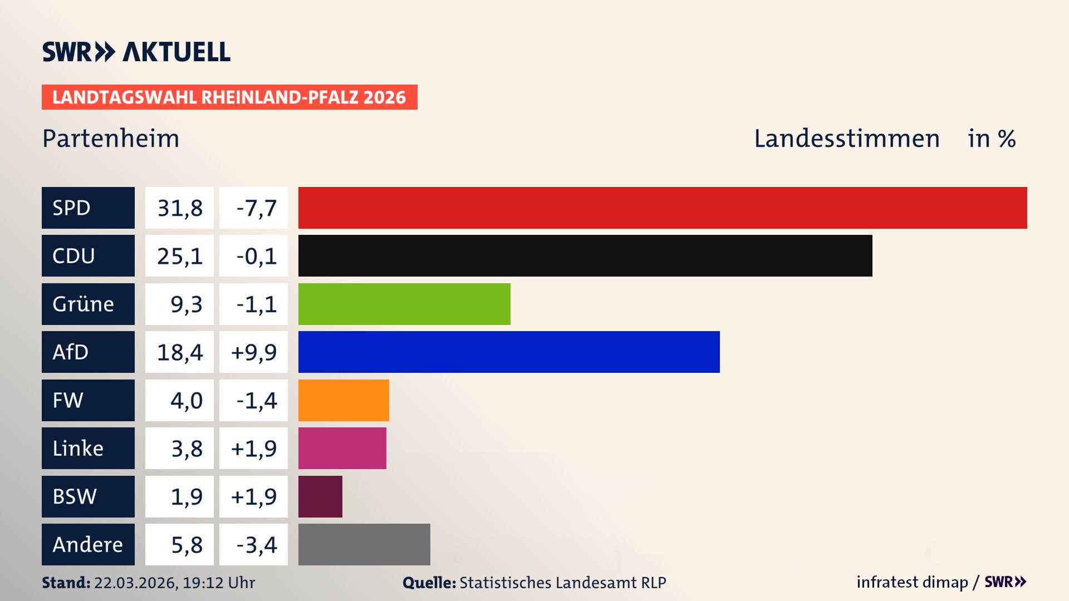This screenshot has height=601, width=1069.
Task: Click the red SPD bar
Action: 663,208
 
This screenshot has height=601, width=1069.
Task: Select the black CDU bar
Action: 585,255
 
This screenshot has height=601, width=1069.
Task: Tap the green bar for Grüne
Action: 404,304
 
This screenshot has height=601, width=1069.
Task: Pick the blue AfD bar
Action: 509,352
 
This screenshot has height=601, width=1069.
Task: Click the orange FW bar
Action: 344,400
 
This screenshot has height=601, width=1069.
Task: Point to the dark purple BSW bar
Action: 320,496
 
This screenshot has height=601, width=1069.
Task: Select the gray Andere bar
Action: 364,544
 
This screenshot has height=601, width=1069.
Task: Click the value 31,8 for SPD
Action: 179,208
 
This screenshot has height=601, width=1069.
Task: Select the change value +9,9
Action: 253,352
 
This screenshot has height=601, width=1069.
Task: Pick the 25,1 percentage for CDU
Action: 179,256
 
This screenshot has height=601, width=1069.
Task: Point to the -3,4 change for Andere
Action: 256,545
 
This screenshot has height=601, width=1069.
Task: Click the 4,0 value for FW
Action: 186,401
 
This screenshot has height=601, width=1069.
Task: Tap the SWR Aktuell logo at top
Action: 136,52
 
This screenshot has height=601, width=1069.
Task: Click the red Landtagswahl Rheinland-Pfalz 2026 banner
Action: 229,97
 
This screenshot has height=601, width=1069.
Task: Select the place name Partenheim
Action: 111,139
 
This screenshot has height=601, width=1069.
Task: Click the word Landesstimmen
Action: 846,139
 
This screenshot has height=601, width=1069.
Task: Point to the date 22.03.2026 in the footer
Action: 135,583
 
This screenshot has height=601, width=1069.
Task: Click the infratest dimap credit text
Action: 911,582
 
